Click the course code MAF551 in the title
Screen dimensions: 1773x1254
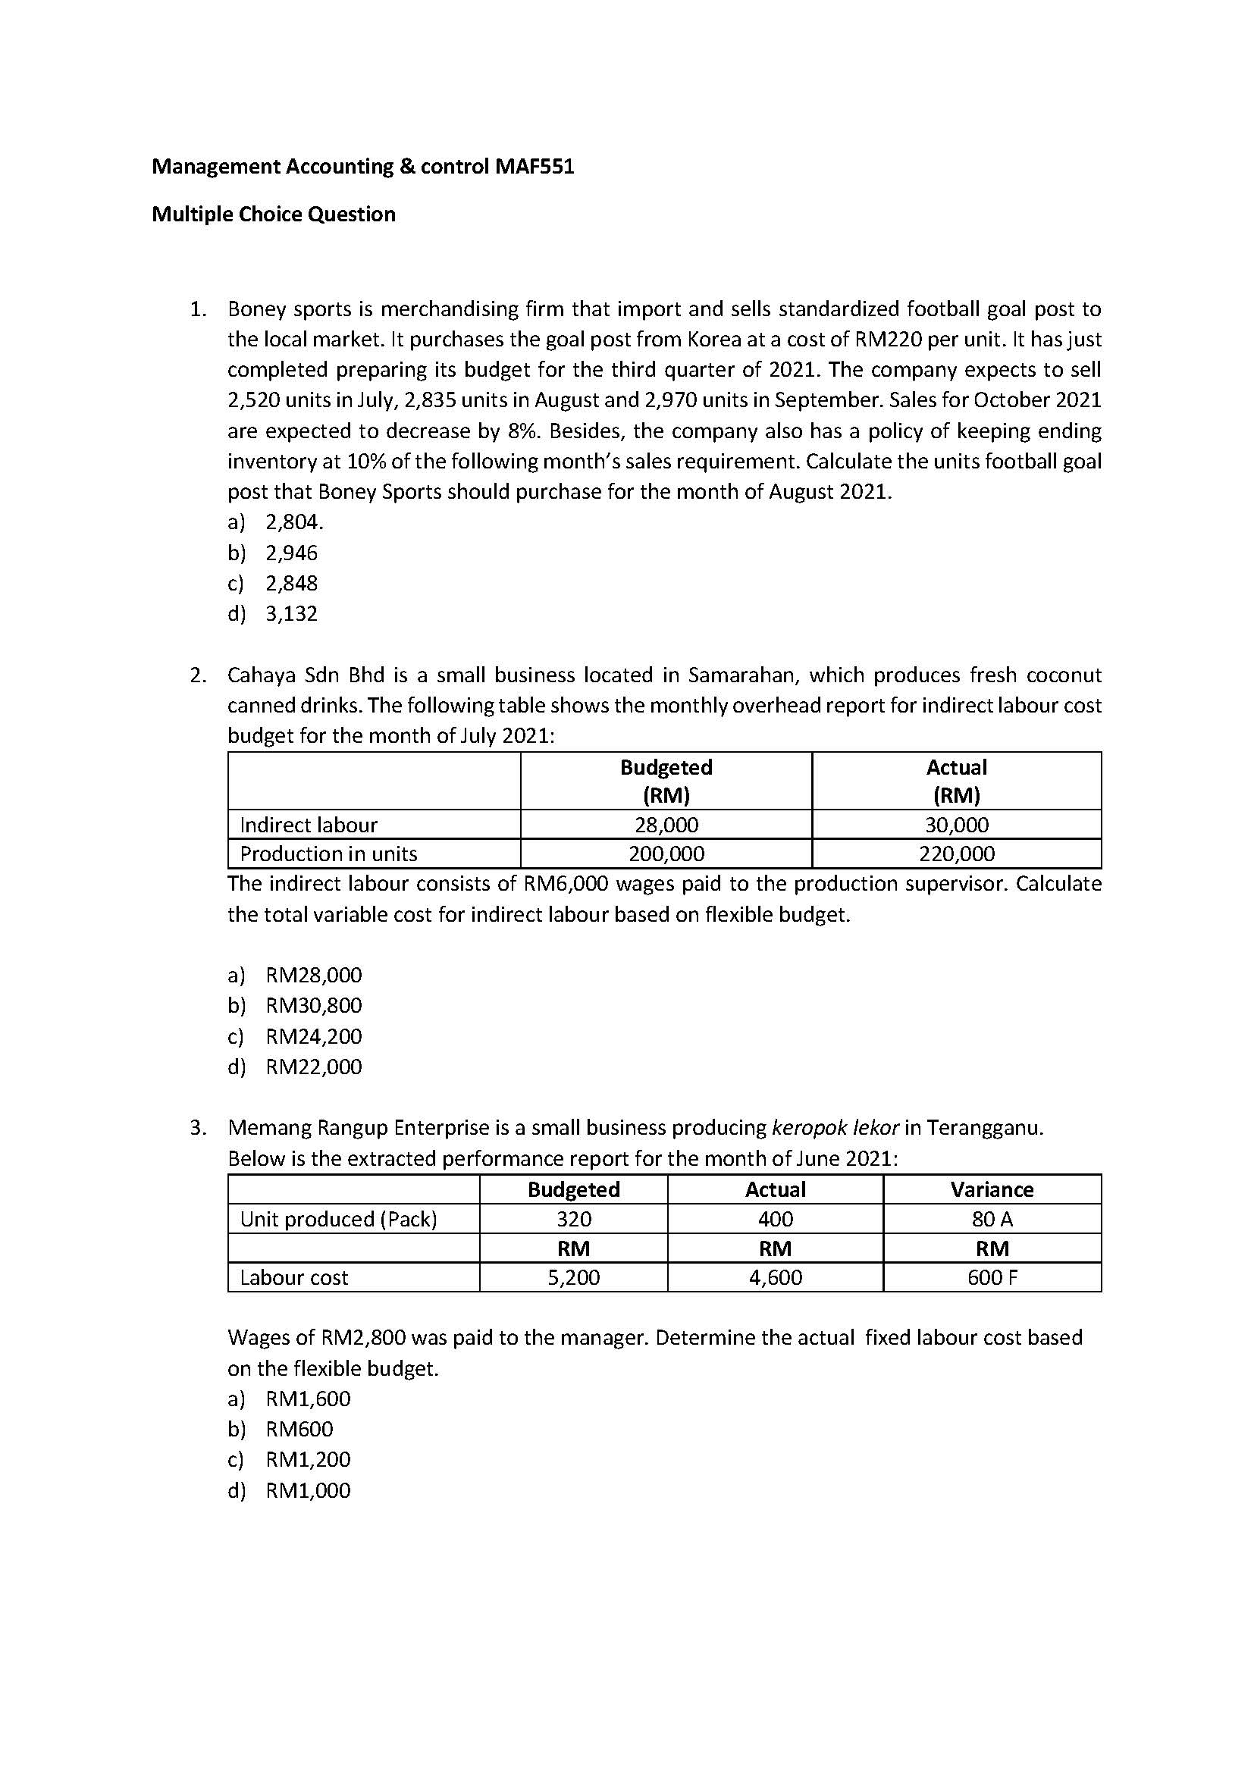532,167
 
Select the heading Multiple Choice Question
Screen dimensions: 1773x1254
274,214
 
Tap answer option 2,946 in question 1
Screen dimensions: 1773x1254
291,553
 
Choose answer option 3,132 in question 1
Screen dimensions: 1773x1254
291,614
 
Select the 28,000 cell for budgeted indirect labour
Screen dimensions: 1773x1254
666,825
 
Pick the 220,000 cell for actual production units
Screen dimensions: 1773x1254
956,854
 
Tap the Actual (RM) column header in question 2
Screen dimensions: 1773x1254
956,781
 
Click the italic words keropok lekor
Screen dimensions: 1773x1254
835,1128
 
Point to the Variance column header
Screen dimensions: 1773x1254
992,1189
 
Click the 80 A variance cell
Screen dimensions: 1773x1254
992,1219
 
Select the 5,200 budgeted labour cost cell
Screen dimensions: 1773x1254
573,1277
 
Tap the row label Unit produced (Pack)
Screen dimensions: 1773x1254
338,1219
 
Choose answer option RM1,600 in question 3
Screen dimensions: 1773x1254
307,1399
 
